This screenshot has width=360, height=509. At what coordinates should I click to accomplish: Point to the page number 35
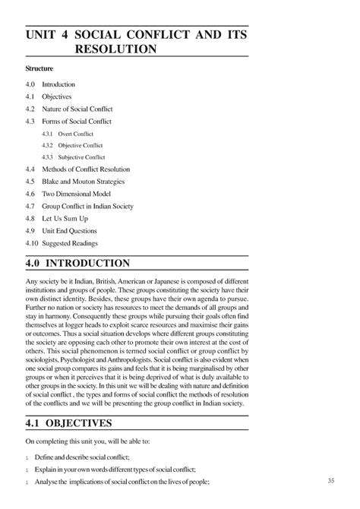tap(330, 481)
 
